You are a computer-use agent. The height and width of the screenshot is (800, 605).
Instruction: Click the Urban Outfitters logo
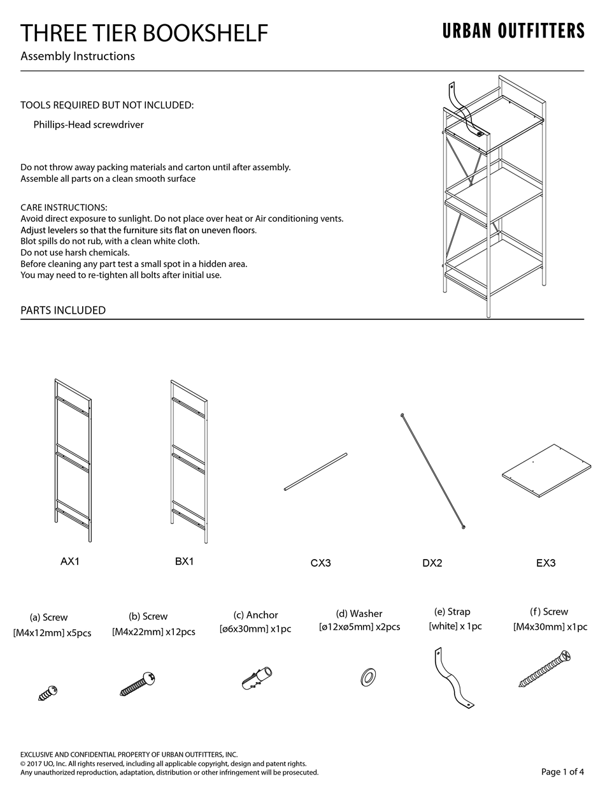(513, 31)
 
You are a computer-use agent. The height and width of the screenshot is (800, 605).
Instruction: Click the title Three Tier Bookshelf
(144, 33)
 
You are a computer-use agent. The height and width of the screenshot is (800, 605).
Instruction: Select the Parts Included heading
(63, 310)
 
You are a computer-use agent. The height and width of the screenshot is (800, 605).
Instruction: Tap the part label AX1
(70, 562)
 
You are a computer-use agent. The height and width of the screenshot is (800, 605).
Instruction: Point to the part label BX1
(184, 562)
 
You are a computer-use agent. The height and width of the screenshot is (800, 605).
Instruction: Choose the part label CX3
(320, 563)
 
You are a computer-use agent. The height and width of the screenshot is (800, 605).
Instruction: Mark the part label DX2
(432, 563)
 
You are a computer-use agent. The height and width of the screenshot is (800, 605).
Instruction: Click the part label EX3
(546, 563)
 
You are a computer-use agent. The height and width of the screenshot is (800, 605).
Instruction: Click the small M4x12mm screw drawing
(48, 692)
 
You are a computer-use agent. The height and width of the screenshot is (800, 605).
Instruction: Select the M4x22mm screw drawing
(138, 683)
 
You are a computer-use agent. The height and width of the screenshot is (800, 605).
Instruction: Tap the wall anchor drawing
(257, 678)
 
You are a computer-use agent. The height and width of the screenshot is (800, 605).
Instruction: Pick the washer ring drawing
(367, 677)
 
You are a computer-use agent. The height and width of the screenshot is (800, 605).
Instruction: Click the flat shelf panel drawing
(546, 470)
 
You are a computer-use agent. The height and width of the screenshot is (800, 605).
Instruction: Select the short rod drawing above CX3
(315, 472)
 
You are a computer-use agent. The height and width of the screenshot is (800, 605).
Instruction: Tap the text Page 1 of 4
(562, 772)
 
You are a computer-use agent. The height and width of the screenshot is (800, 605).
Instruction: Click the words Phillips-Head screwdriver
(89, 125)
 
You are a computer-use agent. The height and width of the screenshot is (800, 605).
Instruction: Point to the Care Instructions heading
(64, 208)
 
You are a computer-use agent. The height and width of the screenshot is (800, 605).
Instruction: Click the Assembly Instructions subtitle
(78, 56)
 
